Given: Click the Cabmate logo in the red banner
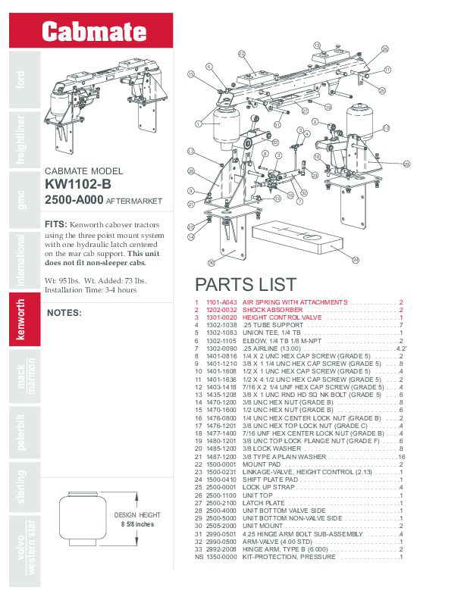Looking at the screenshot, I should [93, 32].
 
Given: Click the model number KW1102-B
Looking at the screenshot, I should [78, 184].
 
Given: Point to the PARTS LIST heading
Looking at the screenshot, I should [245, 285].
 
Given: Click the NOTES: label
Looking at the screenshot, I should [64, 312].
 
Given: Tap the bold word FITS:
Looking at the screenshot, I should [56, 225].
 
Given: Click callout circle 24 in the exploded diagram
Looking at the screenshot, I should [356, 259].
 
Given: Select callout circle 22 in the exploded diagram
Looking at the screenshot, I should [241, 54].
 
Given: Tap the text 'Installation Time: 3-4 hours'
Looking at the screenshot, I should [91, 289].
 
